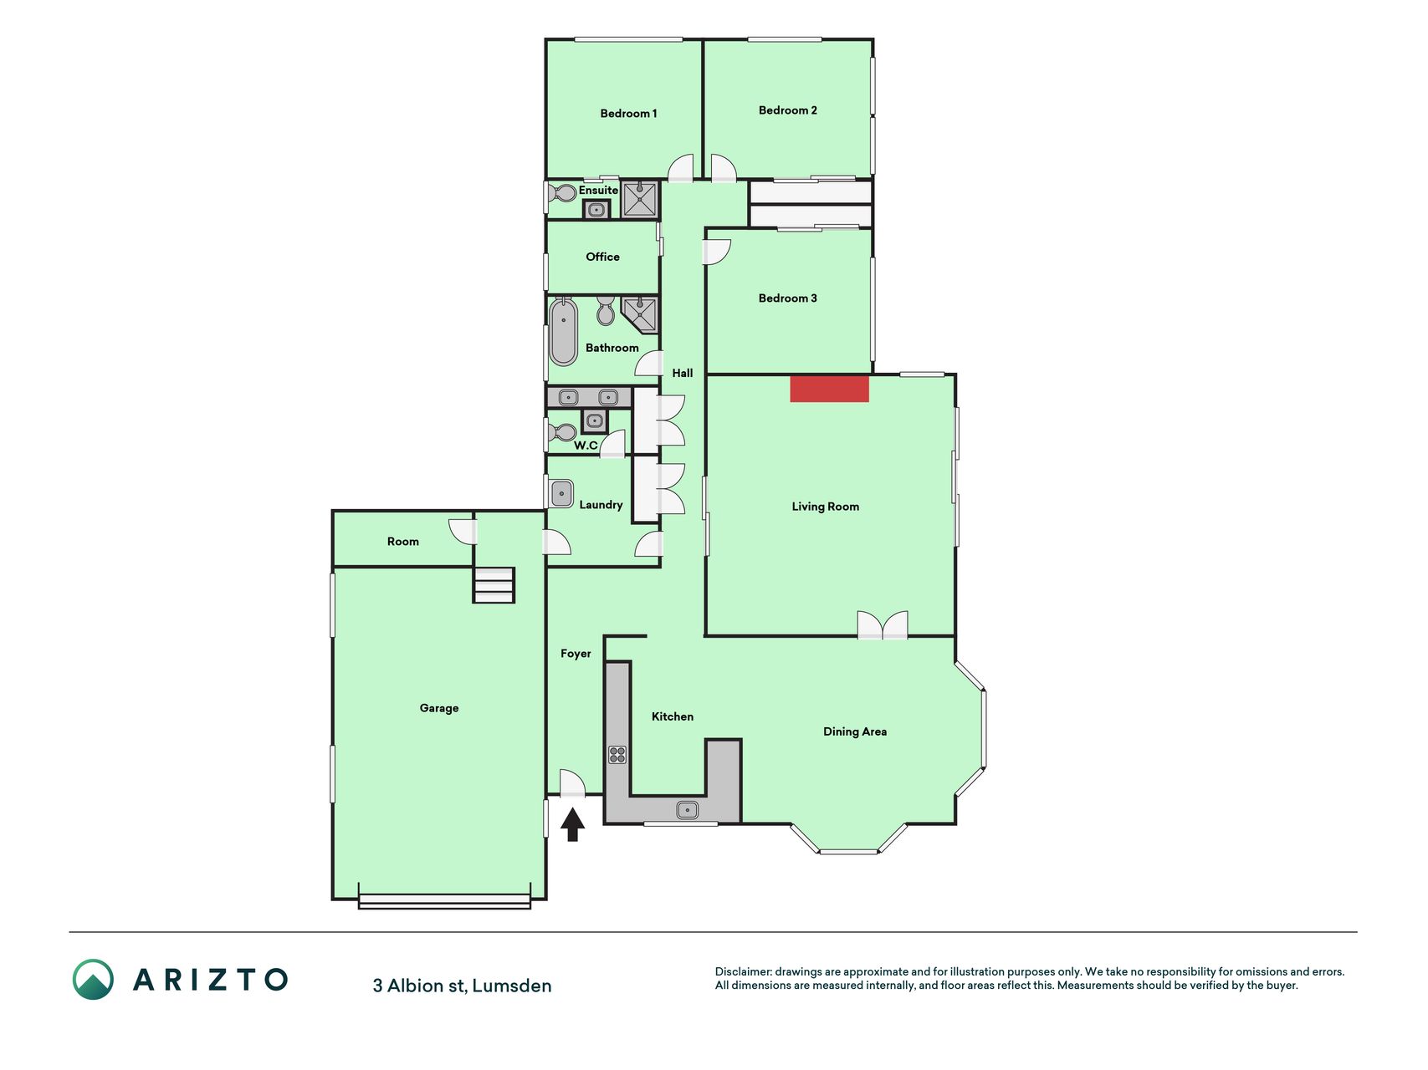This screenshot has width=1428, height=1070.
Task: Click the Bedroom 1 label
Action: (x=628, y=114)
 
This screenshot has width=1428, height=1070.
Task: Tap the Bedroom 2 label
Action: (x=787, y=110)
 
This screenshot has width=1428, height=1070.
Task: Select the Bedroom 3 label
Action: (x=787, y=298)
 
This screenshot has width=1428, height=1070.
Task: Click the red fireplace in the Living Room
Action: (x=829, y=389)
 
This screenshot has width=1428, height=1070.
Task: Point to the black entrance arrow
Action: (x=572, y=824)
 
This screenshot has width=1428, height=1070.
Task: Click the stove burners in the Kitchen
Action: (x=617, y=755)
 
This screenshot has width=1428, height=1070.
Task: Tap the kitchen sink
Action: (x=688, y=810)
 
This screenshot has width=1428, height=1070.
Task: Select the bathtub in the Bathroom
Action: (x=564, y=332)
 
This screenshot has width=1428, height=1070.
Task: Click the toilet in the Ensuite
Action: (x=561, y=194)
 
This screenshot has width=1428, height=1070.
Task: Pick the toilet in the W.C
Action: (x=561, y=433)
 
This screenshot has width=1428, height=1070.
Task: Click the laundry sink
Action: (x=561, y=493)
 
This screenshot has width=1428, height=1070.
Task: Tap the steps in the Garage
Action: (x=494, y=585)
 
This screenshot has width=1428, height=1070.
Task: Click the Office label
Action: (x=602, y=257)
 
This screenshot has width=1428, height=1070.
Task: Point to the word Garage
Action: (x=439, y=708)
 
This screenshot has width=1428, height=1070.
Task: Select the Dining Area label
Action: (x=855, y=731)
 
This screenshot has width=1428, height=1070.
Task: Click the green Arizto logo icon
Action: (x=93, y=980)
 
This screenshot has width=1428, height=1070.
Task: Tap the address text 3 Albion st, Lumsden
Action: (x=462, y=986)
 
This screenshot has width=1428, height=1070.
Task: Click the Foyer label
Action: (x=576, y=654)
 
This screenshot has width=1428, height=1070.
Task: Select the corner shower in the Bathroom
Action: (x=640, y=314)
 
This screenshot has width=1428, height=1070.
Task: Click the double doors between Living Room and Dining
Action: (x=883, y=625)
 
